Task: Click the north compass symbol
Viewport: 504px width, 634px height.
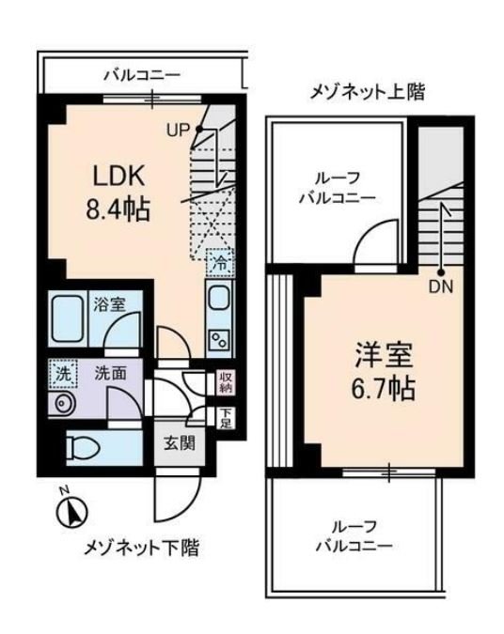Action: tap(72, 512)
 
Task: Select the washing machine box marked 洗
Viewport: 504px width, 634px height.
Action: tap(63, 372)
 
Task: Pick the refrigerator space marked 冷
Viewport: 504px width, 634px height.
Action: tap(217, 264)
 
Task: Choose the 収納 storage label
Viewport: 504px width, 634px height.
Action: tap(226, 381)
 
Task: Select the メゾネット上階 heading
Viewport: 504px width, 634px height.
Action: tap(367, 92)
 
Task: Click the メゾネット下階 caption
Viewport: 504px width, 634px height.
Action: tap(142, 548)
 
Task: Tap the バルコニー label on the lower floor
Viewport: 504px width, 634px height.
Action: tap(141, 75)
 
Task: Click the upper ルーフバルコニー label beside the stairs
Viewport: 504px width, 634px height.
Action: tap(337, 188)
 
